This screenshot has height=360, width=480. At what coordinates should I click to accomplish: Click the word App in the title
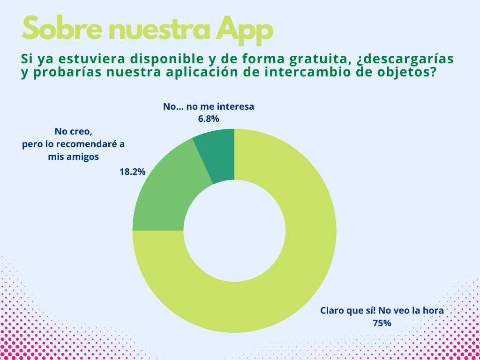[244, 30]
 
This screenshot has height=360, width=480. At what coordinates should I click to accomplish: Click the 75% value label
[382, 323]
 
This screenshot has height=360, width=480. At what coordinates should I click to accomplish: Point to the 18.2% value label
[132, 172]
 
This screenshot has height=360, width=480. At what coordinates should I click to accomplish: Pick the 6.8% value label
[209, 119]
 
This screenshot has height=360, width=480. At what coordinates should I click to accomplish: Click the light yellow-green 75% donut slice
[300, 262]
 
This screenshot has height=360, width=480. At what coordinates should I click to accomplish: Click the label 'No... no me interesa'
[209, 107]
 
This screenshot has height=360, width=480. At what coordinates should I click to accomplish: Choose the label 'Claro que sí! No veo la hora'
[382, 310]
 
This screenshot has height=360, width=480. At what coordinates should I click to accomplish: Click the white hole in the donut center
[234, 231]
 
